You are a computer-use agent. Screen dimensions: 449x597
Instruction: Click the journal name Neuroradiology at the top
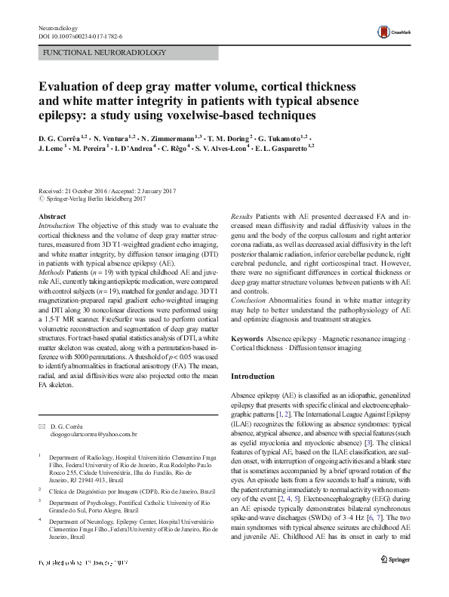pyautogui.click(x=58, y=28)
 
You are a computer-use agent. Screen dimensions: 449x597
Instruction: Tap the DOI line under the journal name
pyautogui.click(x=80, y=36)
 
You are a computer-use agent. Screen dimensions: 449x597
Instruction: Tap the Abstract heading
pyautogui.click(x=52, y=217)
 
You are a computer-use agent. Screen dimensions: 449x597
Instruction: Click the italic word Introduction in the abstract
pyautogui.click(x=57, y=226)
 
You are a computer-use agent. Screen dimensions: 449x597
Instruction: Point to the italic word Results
pyautogui.click(x=241, y=217)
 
